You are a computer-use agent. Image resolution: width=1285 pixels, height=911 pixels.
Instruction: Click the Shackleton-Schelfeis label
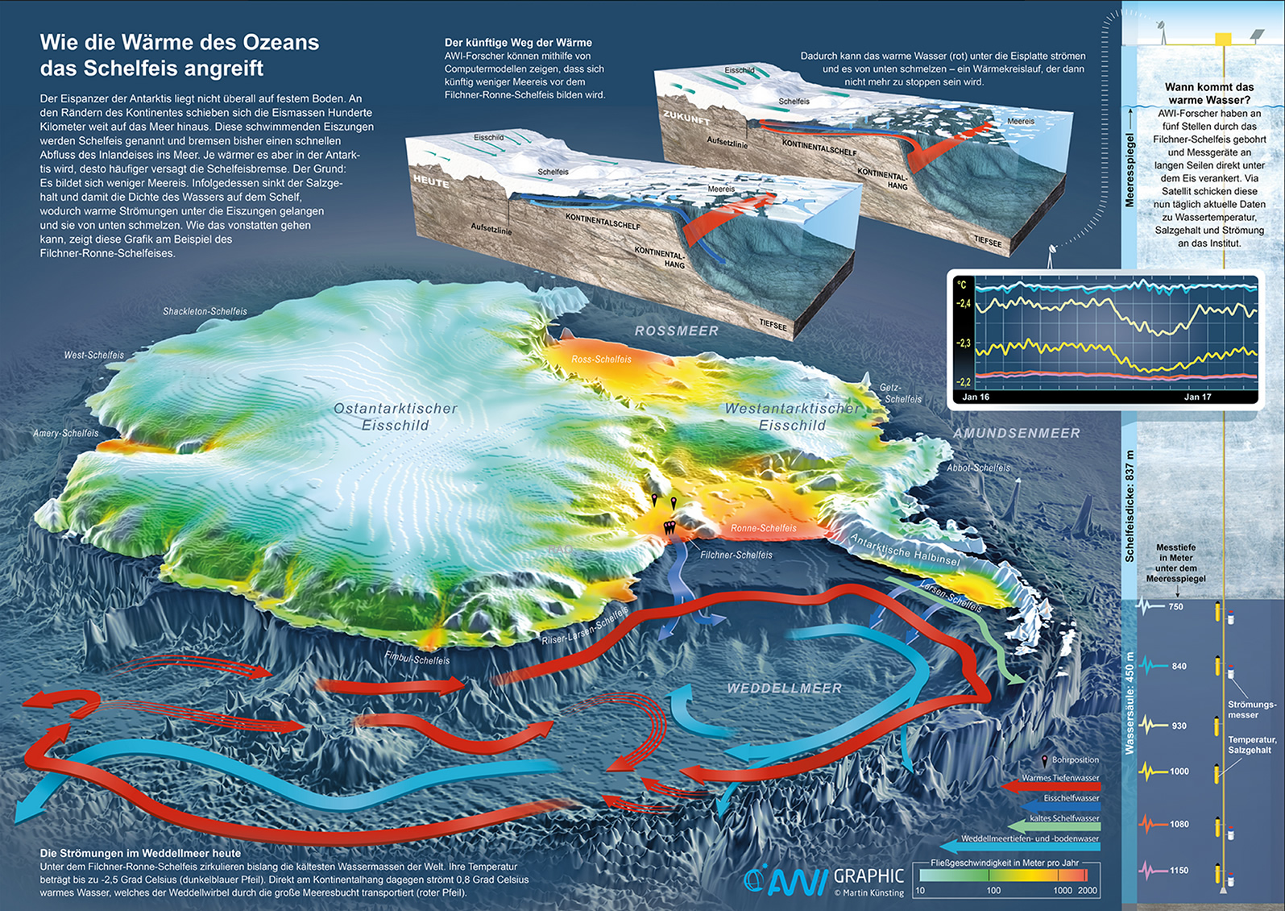coord(205,311)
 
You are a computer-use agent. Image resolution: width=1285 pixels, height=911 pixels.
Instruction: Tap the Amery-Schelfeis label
coord(65,433)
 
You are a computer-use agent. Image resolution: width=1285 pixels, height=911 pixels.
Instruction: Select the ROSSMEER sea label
coord(676,331)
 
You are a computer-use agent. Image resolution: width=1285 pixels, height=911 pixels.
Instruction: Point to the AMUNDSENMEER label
coord(1017,433)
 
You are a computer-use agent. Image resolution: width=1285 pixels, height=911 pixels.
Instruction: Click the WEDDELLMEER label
coord(784,688)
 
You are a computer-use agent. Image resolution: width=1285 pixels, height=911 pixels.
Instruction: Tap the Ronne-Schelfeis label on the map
coord(763,528)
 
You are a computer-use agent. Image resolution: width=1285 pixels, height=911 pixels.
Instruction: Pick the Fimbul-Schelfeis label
coord(417,658)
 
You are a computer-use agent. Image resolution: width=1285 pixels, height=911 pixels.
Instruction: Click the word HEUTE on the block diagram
coord(431,181)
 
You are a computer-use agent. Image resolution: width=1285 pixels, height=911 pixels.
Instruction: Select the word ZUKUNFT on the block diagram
coord(686,118)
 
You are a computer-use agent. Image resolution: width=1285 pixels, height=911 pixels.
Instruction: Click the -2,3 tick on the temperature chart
coord(964,343)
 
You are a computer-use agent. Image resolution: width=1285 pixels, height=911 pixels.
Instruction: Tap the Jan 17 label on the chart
coord(1197,397)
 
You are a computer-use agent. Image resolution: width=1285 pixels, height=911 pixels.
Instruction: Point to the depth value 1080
coord(1179,824)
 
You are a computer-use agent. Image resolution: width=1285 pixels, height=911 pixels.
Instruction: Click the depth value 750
coord(1175,606)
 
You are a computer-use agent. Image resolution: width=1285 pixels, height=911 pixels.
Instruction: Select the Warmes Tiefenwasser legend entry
coord(1059,778)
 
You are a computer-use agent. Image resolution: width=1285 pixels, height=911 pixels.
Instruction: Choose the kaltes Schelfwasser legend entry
coord(1063,817)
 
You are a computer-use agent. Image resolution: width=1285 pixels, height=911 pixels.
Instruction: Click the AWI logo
coord(786,880)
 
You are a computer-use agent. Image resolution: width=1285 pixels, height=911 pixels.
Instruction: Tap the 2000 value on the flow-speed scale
coord(1087,890)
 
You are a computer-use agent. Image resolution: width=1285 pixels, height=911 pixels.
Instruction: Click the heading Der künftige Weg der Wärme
coord(518,43)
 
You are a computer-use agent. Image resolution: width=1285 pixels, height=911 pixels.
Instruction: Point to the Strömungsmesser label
coord(1251,709)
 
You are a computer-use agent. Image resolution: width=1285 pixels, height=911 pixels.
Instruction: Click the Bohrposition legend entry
coord(1075,759)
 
